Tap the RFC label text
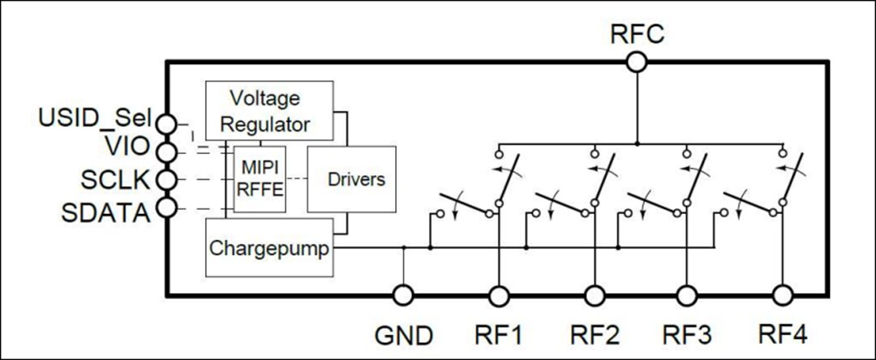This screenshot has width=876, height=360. click(637, 34)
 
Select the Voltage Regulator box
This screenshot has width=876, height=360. click(269, 111)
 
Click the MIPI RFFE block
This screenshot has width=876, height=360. click(260, 179)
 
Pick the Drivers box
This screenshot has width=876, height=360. click(351, 179)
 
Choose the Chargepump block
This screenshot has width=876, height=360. click(269, 248)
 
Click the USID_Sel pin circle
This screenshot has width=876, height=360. click(166, 123)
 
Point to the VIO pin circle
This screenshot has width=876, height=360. click(166, 151)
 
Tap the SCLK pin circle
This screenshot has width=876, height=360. click(166, 179)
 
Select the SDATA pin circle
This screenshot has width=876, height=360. click(166, 208)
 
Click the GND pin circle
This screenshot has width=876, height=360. click(403, 295)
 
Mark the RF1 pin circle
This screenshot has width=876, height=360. click(498, 295)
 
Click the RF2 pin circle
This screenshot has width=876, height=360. click(595, 295)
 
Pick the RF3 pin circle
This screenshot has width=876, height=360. click(688, 295)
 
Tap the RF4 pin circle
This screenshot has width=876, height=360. click(783, 295)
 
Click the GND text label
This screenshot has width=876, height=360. click(403, 334)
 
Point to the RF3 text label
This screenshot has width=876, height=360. click(688, 334)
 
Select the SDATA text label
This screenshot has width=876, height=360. click(105, 212)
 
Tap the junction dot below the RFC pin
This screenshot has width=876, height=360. click(637, 144)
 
